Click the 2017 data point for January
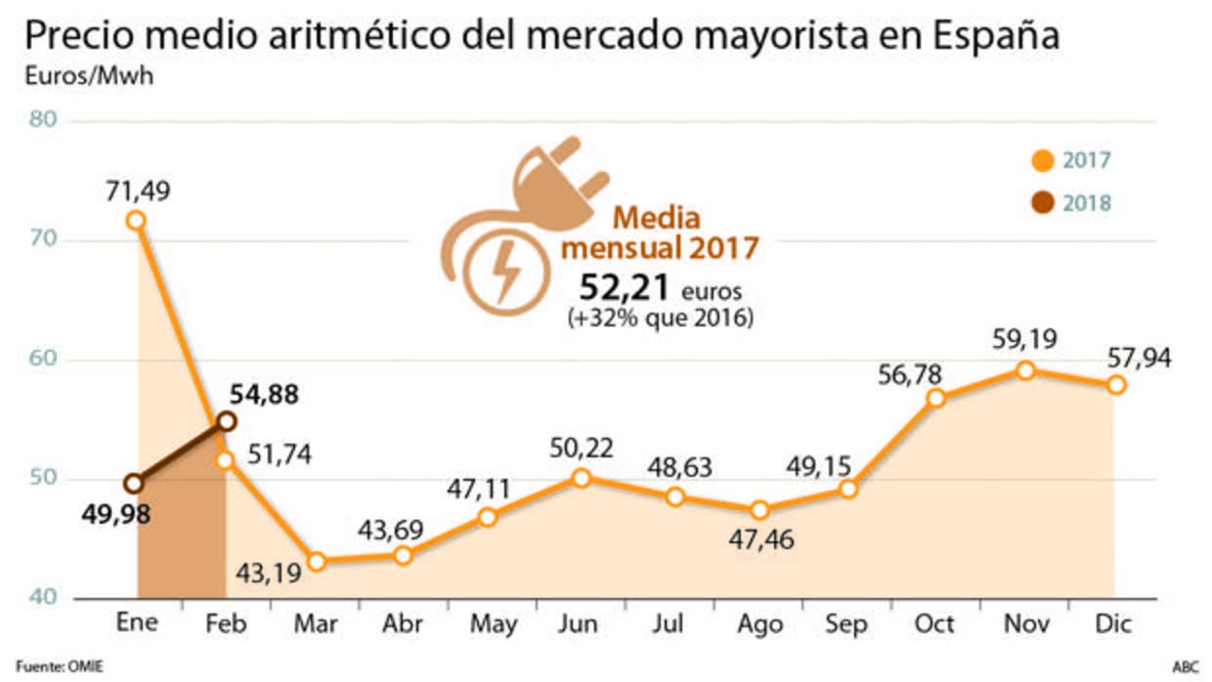click(x=137, y=220)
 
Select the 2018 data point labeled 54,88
click(x=226, y=421)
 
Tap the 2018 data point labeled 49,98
click(x=135, y=483)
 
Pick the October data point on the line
click(x=936, y=398)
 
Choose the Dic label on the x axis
click(x=1114, y=624)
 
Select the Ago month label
click(x=758, y=624)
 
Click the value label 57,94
click(x=1139, y=358)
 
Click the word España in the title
click(x=996, y=37)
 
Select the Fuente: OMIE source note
click(x=60, y=667)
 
